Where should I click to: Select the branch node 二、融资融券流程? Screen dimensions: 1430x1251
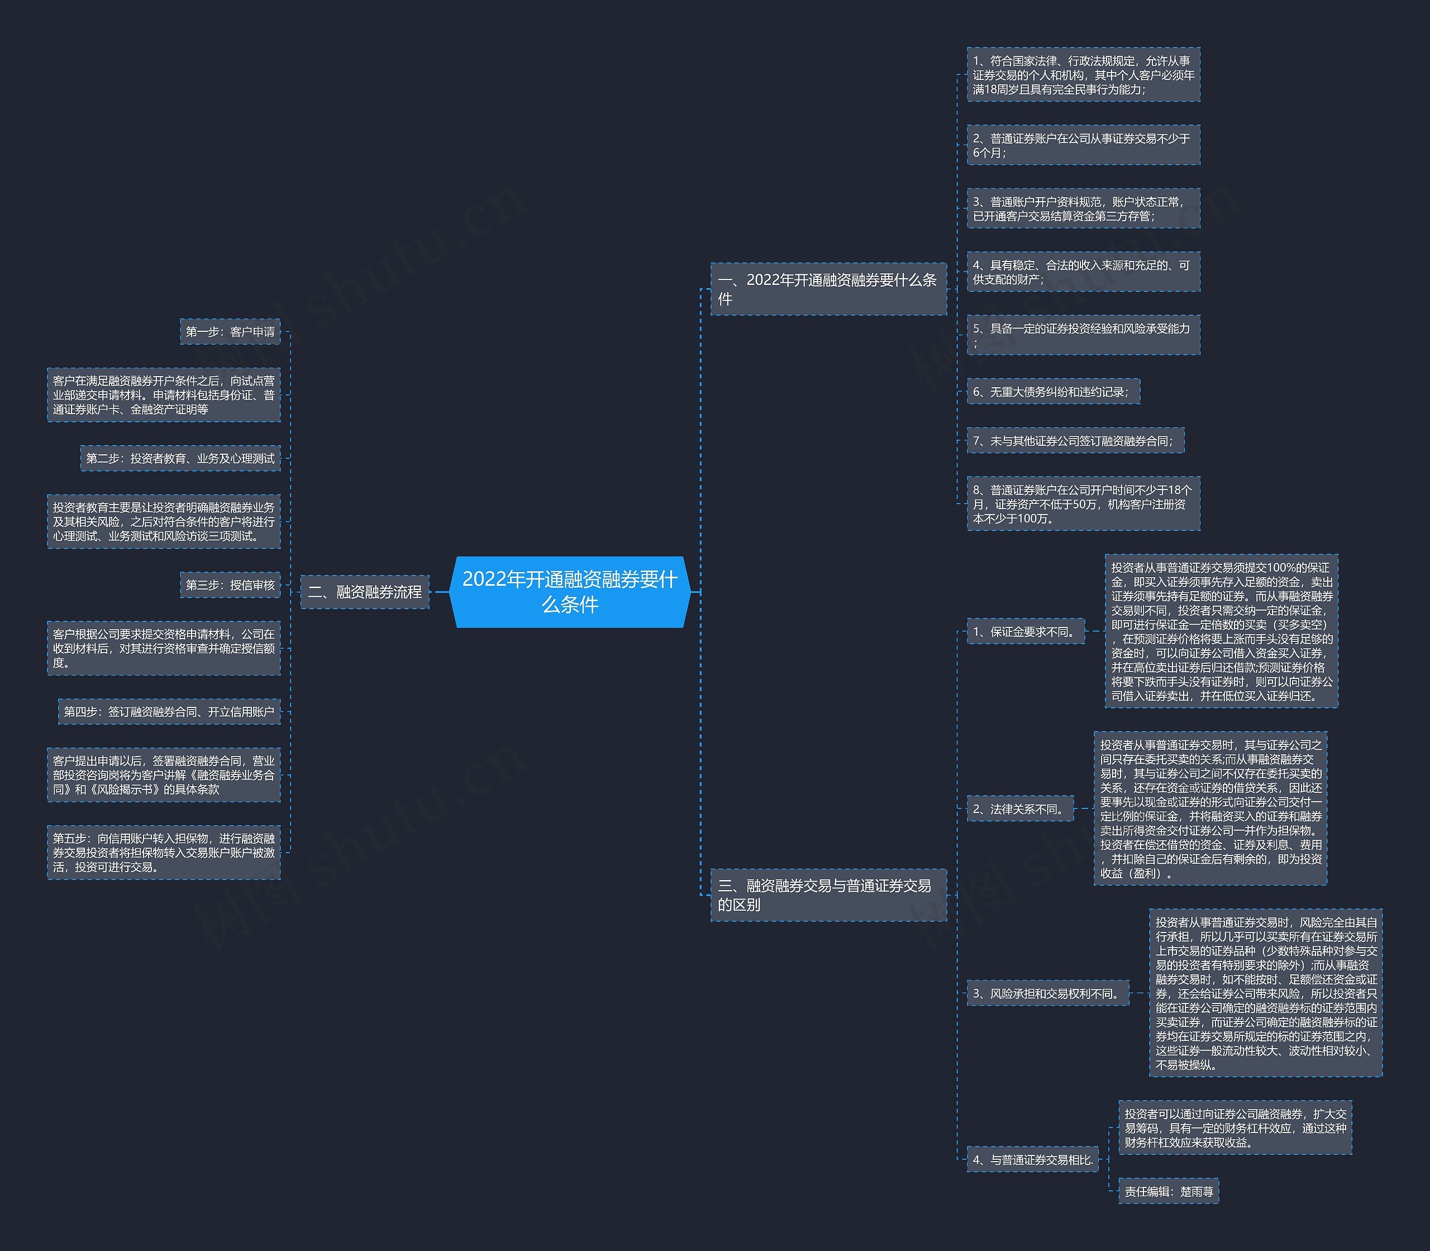click(x=365, y=592)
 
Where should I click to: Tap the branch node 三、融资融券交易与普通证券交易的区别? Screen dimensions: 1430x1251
click(x=828, y=895)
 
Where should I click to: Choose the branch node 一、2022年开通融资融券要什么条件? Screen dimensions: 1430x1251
click(x=828, y=289)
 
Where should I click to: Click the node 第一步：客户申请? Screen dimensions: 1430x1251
click(x=230, y=331)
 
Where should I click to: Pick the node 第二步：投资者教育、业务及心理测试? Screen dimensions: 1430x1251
click(x=180, y=458)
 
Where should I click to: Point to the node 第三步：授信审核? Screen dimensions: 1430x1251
click(x=230, y=585)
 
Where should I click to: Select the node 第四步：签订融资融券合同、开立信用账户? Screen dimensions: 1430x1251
click(x=169, y=711)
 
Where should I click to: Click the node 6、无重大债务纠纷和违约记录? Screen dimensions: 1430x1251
click(x=1053, y=392)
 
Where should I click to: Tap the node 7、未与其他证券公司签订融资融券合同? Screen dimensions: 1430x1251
click(x=1075, y=440)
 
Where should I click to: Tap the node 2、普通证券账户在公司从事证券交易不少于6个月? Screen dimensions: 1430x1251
click(x=1084, y=145)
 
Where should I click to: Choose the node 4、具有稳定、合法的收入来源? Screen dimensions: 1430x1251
click(x=1084, y=272)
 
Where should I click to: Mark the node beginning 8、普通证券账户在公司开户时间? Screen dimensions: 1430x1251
click(x=1084, y=504)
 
